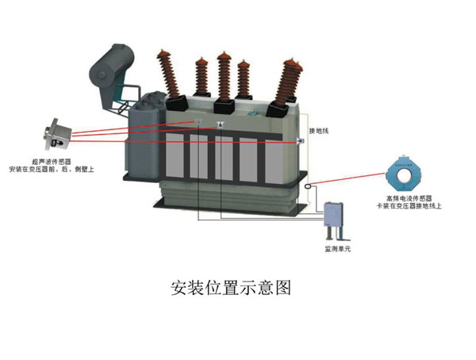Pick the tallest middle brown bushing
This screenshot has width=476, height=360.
click(224, 75)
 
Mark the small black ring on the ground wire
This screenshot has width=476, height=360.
click(309, 186)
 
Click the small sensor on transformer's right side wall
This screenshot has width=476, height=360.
click(301, 141)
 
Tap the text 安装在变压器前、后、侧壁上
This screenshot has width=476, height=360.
click(52, 169)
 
